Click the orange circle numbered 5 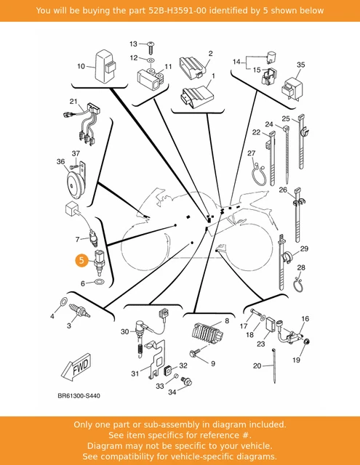(x=81, y=260)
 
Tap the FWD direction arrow (x=76, y=367)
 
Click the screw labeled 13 (x=151, y=48)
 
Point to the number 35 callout (x=300, y=65)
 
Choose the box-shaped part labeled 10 (x=105, y=66)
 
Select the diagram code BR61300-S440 (x=79, y=395)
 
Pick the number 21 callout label (x=73, y=102)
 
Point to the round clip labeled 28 (x=298, y=285)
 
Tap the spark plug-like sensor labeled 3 (x=79, y=311)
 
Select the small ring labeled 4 (x=63, y=302)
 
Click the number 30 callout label (x=124, y=331)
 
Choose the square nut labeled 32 (x=169, y=370)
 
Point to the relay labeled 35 (x=292, y=88)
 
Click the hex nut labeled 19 (x=307, y=342)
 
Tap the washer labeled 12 (x=151, y=60)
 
